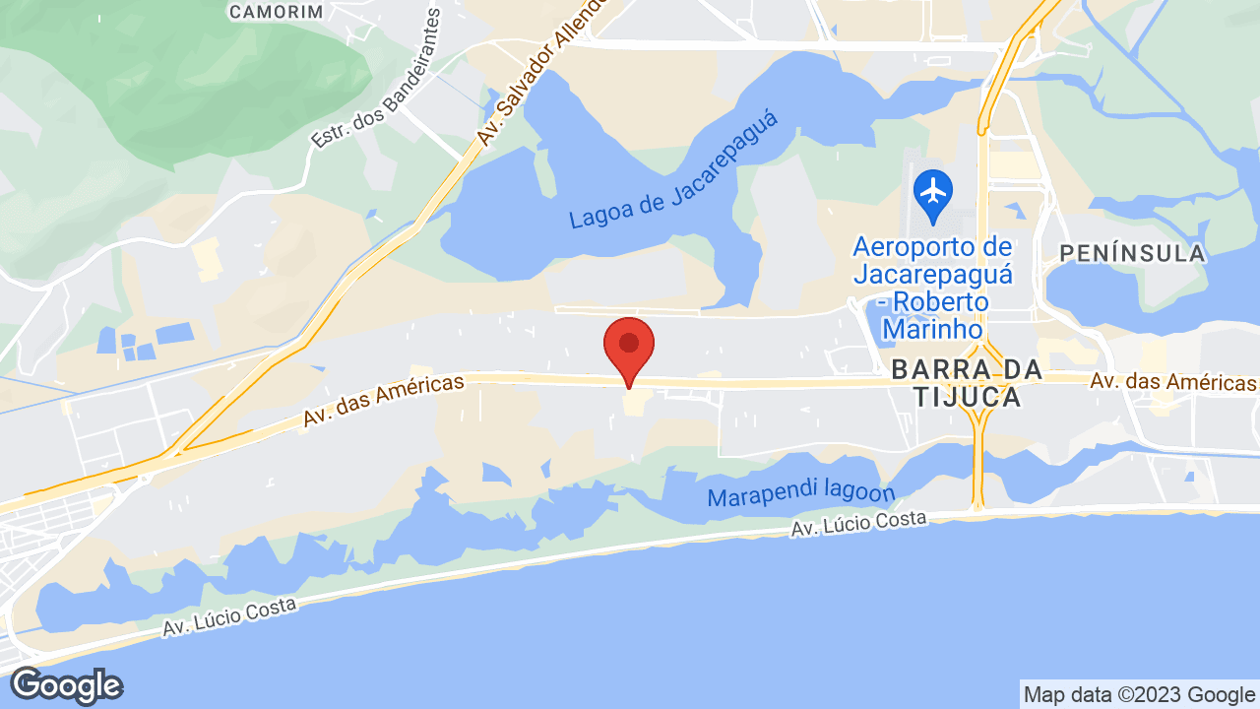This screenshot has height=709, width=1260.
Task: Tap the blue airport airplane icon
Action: point(932,189)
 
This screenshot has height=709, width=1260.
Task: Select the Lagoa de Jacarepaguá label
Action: point(673,170)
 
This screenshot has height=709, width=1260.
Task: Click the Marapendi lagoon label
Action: point(801,495)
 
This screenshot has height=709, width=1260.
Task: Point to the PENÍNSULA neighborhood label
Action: point(1132,254)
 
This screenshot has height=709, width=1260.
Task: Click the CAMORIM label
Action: point(276,12)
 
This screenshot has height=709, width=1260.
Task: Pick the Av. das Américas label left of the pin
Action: point(383,400)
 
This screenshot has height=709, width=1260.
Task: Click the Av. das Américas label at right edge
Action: point(1173,381)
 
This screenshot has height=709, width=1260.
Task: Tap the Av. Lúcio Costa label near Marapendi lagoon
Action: point(858,523)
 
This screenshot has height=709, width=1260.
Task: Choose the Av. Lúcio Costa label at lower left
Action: point(229,616)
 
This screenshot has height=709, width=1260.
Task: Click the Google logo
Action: point(66,685)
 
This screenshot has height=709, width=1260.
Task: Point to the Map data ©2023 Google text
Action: point(1138,694)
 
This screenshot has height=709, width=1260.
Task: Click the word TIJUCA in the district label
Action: point(954,398)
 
